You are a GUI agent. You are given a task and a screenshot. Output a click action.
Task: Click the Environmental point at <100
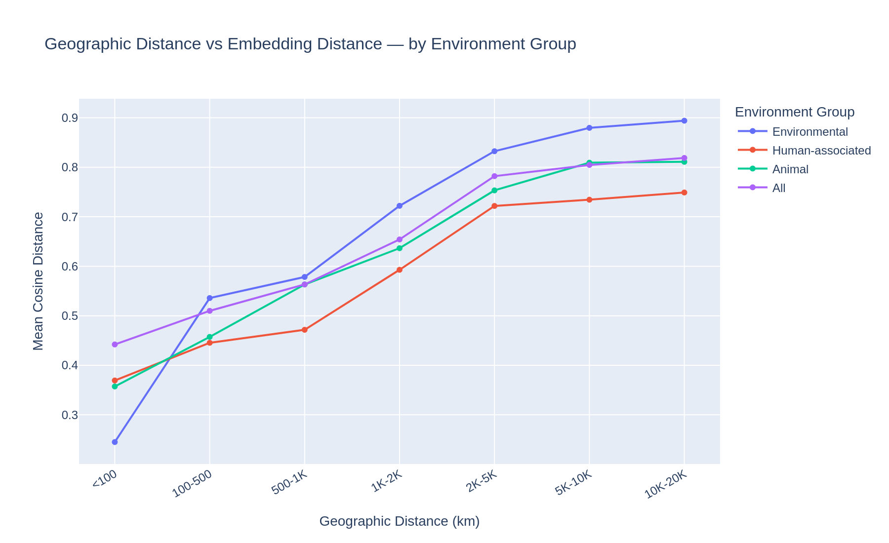115,442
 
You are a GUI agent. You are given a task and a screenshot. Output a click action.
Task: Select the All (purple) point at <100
115,345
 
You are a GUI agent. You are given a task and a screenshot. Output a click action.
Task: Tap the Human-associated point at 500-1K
305,330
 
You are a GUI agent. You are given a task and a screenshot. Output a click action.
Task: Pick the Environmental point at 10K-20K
684,121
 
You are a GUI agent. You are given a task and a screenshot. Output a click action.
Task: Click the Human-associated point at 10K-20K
684,193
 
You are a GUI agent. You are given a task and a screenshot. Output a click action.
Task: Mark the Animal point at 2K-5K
494,191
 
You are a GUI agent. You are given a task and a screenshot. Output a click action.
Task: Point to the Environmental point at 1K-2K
400,206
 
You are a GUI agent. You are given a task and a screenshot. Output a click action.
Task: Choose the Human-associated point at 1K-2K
400,270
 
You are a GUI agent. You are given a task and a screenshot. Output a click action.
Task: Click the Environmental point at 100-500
210,298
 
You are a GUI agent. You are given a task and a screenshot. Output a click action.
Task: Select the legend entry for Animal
790,169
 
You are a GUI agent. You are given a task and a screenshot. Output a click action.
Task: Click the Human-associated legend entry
821,151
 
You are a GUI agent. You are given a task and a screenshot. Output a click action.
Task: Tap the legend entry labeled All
779,188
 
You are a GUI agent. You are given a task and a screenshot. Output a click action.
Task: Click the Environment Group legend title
794,112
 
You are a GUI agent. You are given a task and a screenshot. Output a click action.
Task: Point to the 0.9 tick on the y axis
69,118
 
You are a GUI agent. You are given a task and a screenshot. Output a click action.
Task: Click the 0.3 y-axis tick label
69,415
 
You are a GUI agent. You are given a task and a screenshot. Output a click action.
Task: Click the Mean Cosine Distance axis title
39,281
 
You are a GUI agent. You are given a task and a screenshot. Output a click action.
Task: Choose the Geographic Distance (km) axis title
399,522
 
